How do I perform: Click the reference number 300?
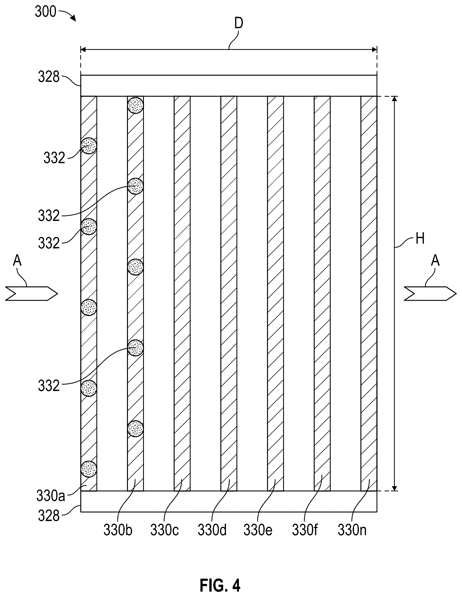pos(45,12)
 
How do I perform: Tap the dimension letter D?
pos(239,24)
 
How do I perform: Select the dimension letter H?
pos(420,239)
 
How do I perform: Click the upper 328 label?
pos(49,77)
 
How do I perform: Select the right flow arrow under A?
pos(430,293)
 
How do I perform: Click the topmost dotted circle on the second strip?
pos(135,105)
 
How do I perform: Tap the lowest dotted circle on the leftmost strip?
pos(89,469)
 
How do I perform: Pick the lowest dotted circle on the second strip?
pos(135,429)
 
